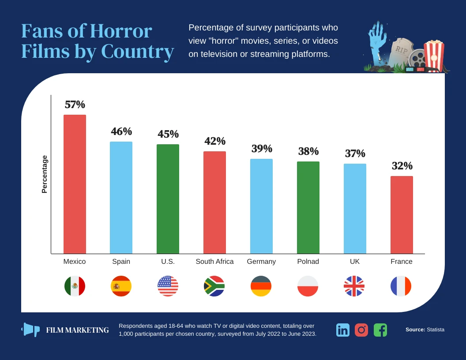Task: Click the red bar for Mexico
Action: [75, 184]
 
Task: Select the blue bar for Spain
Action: [121, 198]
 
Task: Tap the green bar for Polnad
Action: [308, 207]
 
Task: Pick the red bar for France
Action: [402, 215]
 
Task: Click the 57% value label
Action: [75, 105]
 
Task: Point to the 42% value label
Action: [215, 141]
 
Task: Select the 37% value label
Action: [355, 154]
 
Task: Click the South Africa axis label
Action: [214, 262]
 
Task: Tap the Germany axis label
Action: [261, 262]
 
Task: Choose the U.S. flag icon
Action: [168, 286]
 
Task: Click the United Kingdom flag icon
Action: [354, 286]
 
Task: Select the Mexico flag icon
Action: [75, 286]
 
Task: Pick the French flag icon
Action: [401, 286]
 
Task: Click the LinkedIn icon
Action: [342, 330]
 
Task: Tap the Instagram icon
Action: [361, 330]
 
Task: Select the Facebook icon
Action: [380, 330]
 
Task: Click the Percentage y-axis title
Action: [44, 174]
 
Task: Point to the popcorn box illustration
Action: [434, 55]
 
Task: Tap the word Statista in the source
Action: [436, 330]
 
